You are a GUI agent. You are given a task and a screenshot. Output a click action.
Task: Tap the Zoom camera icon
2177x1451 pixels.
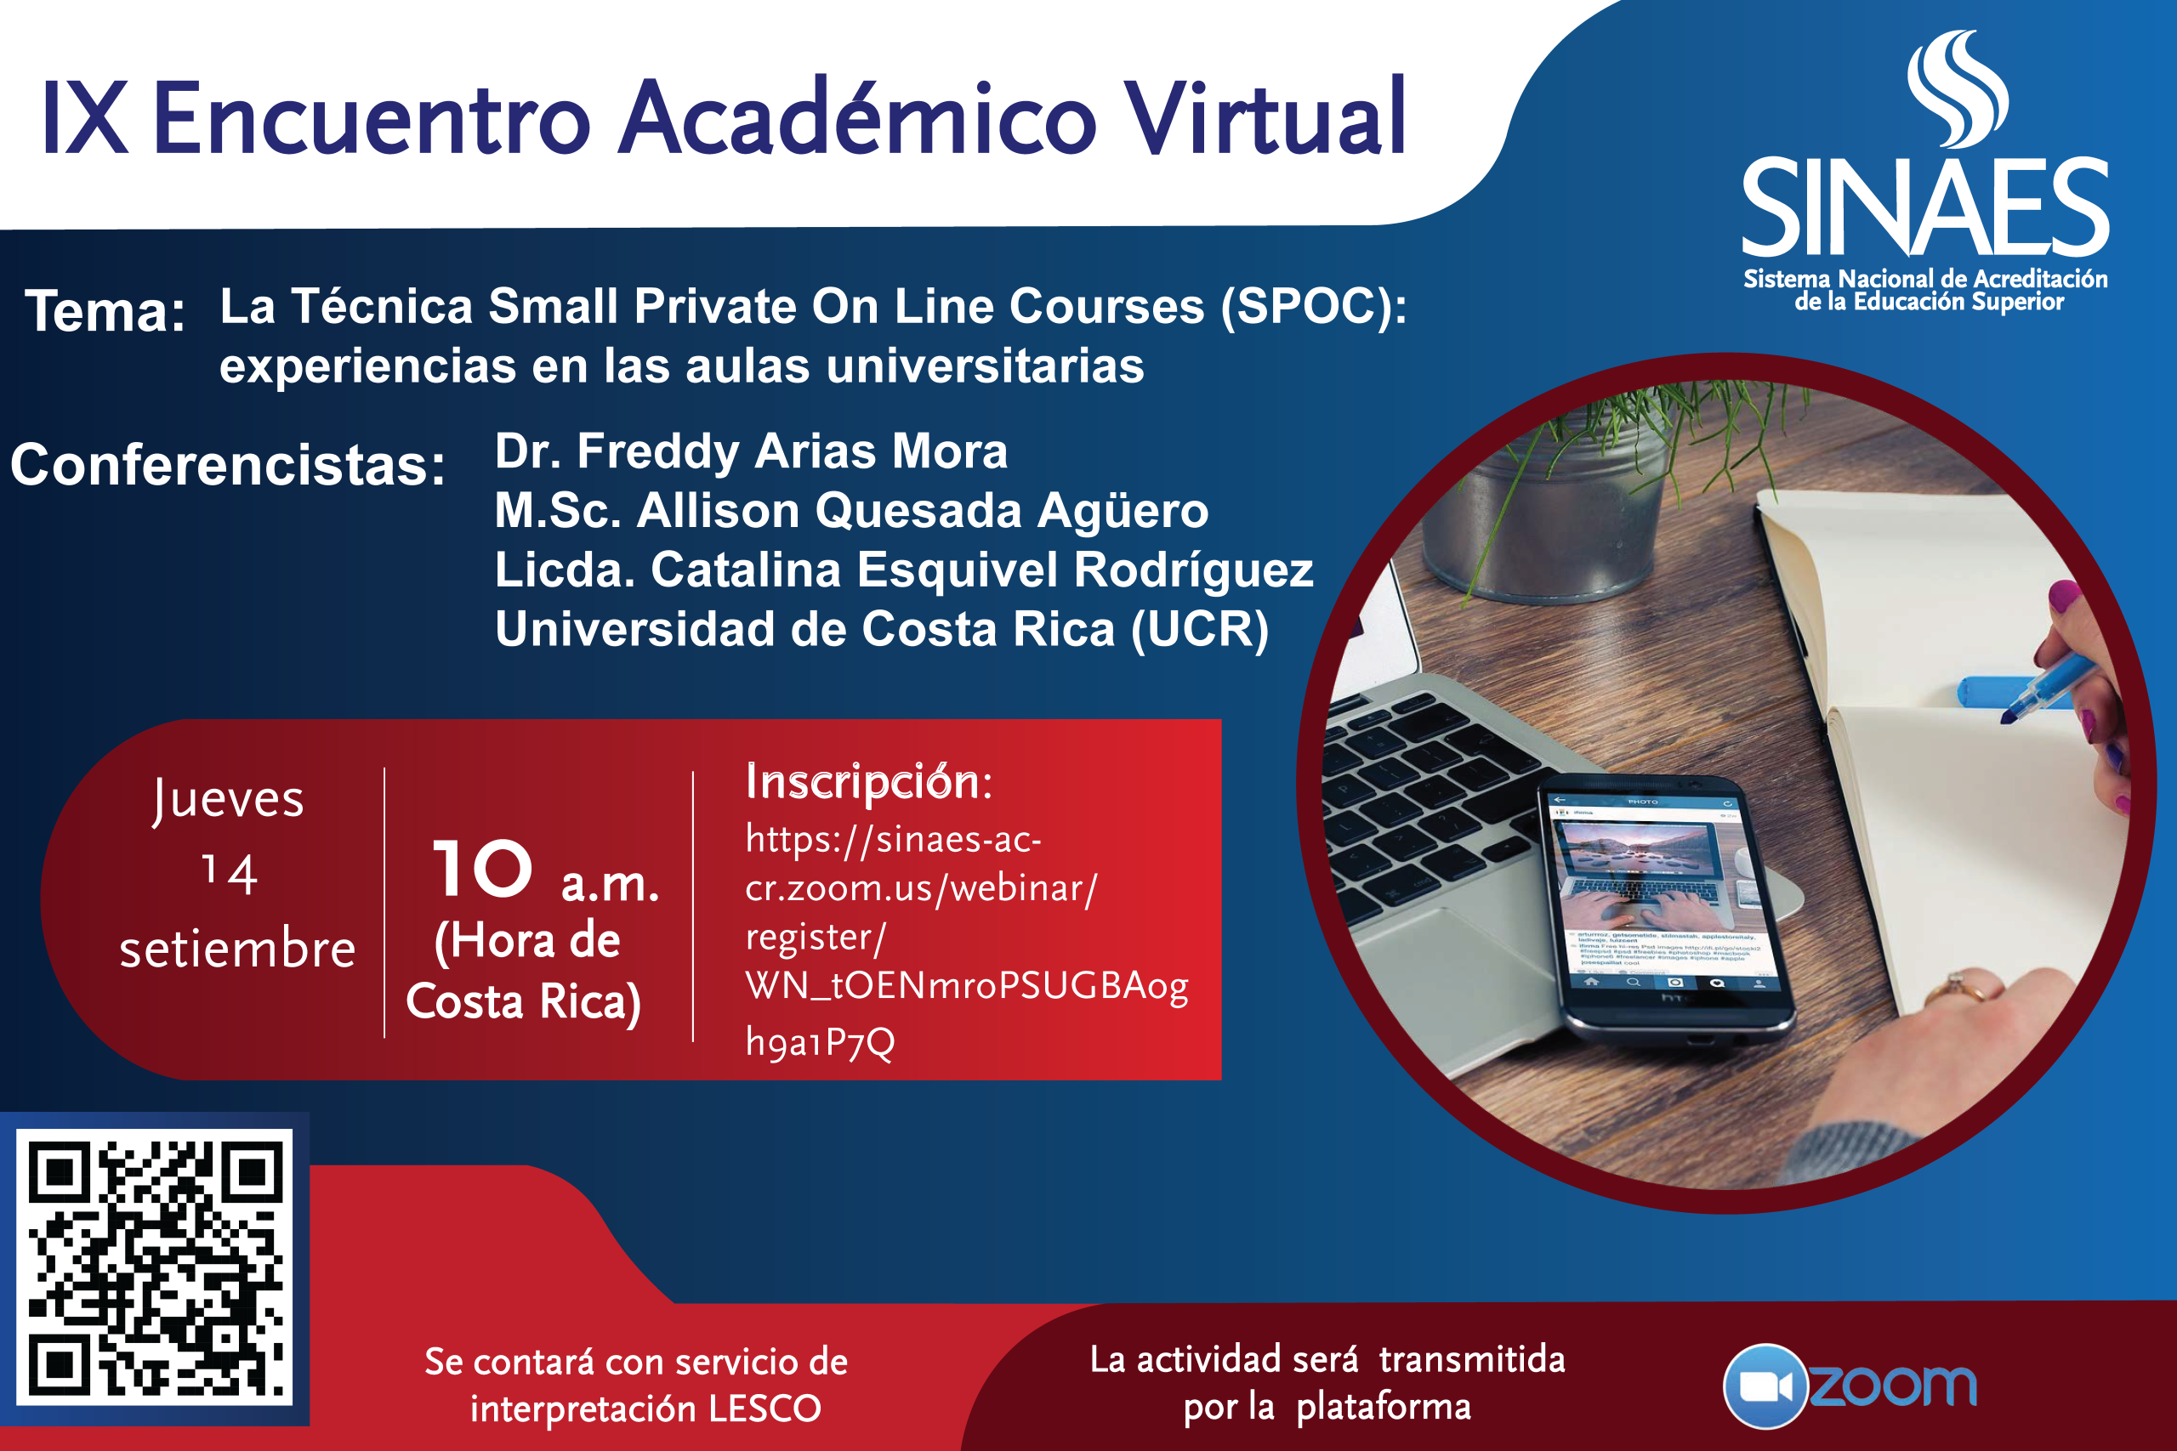pyautogui.click(x=1765, y=1386)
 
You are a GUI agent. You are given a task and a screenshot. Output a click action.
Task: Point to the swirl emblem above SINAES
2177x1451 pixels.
pyautogui.click(x=1957, y=88)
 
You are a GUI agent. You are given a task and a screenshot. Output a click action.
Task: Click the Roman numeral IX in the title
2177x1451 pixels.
pyautogui.click(x=84, y=118)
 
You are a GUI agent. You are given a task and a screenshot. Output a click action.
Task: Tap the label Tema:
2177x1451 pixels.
pyautogui.click(x=105, y=311)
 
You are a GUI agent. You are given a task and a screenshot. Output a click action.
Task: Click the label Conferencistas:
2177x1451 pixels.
pyautogui.click(x=228, y=465)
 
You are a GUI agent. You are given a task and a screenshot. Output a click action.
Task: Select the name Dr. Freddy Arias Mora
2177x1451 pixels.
pyautogui.click(x=751, y=451)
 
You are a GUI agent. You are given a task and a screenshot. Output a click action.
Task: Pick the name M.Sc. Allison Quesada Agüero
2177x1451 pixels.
pyautogui.click(x=851, y=511)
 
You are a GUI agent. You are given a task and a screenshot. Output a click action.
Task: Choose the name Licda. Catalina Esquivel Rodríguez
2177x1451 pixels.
pyautogui.click(x=903, y=570)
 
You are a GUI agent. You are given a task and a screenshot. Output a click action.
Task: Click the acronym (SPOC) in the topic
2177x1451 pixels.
pyautogui.click(x=1313, y=307)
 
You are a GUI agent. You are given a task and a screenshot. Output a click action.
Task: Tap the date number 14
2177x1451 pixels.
pyautogui.click(x=230, y=874)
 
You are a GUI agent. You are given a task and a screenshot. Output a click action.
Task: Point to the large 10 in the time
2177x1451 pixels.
pyautogui.click(x=483, y=869)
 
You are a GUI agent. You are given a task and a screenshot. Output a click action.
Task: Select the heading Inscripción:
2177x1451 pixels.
pyautogui.click(x=869, y=783)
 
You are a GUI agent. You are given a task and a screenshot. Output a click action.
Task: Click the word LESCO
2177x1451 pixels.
pyautogui.click(x=765, y=1408)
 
